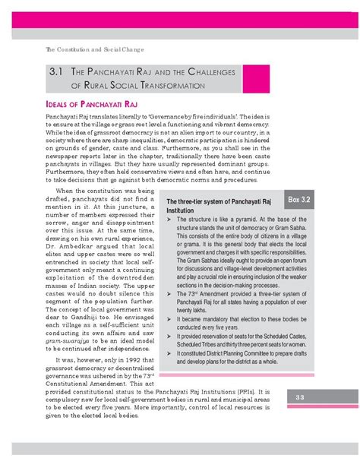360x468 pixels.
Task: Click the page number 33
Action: click(x=300, y=419)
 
